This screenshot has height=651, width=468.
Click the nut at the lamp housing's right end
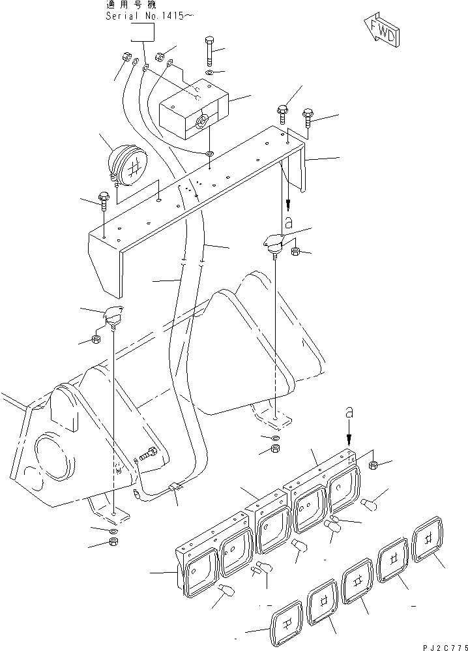point(374,465)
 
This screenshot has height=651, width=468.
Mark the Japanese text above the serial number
point(130,5)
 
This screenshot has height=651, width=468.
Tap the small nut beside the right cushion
point(295,251)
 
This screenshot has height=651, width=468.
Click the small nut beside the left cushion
point(95,341)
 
